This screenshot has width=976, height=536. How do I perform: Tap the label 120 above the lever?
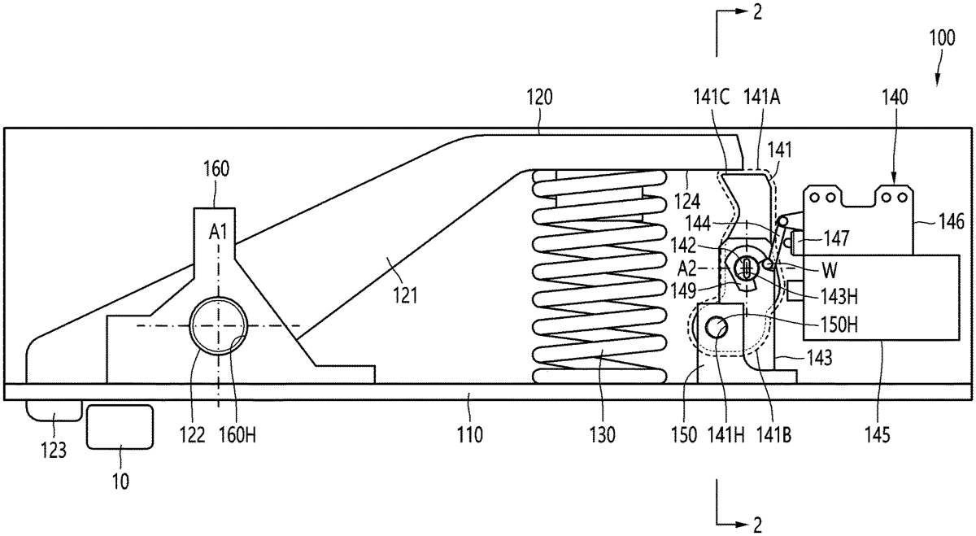[539, 98]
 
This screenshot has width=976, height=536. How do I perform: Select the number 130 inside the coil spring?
[599, 355]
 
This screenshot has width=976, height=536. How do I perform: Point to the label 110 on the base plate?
[470, 435]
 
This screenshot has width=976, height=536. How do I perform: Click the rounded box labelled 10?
[120, 426]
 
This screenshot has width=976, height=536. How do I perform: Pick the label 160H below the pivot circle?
[233, 435]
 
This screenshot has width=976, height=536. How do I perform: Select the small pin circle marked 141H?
[717, 328]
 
